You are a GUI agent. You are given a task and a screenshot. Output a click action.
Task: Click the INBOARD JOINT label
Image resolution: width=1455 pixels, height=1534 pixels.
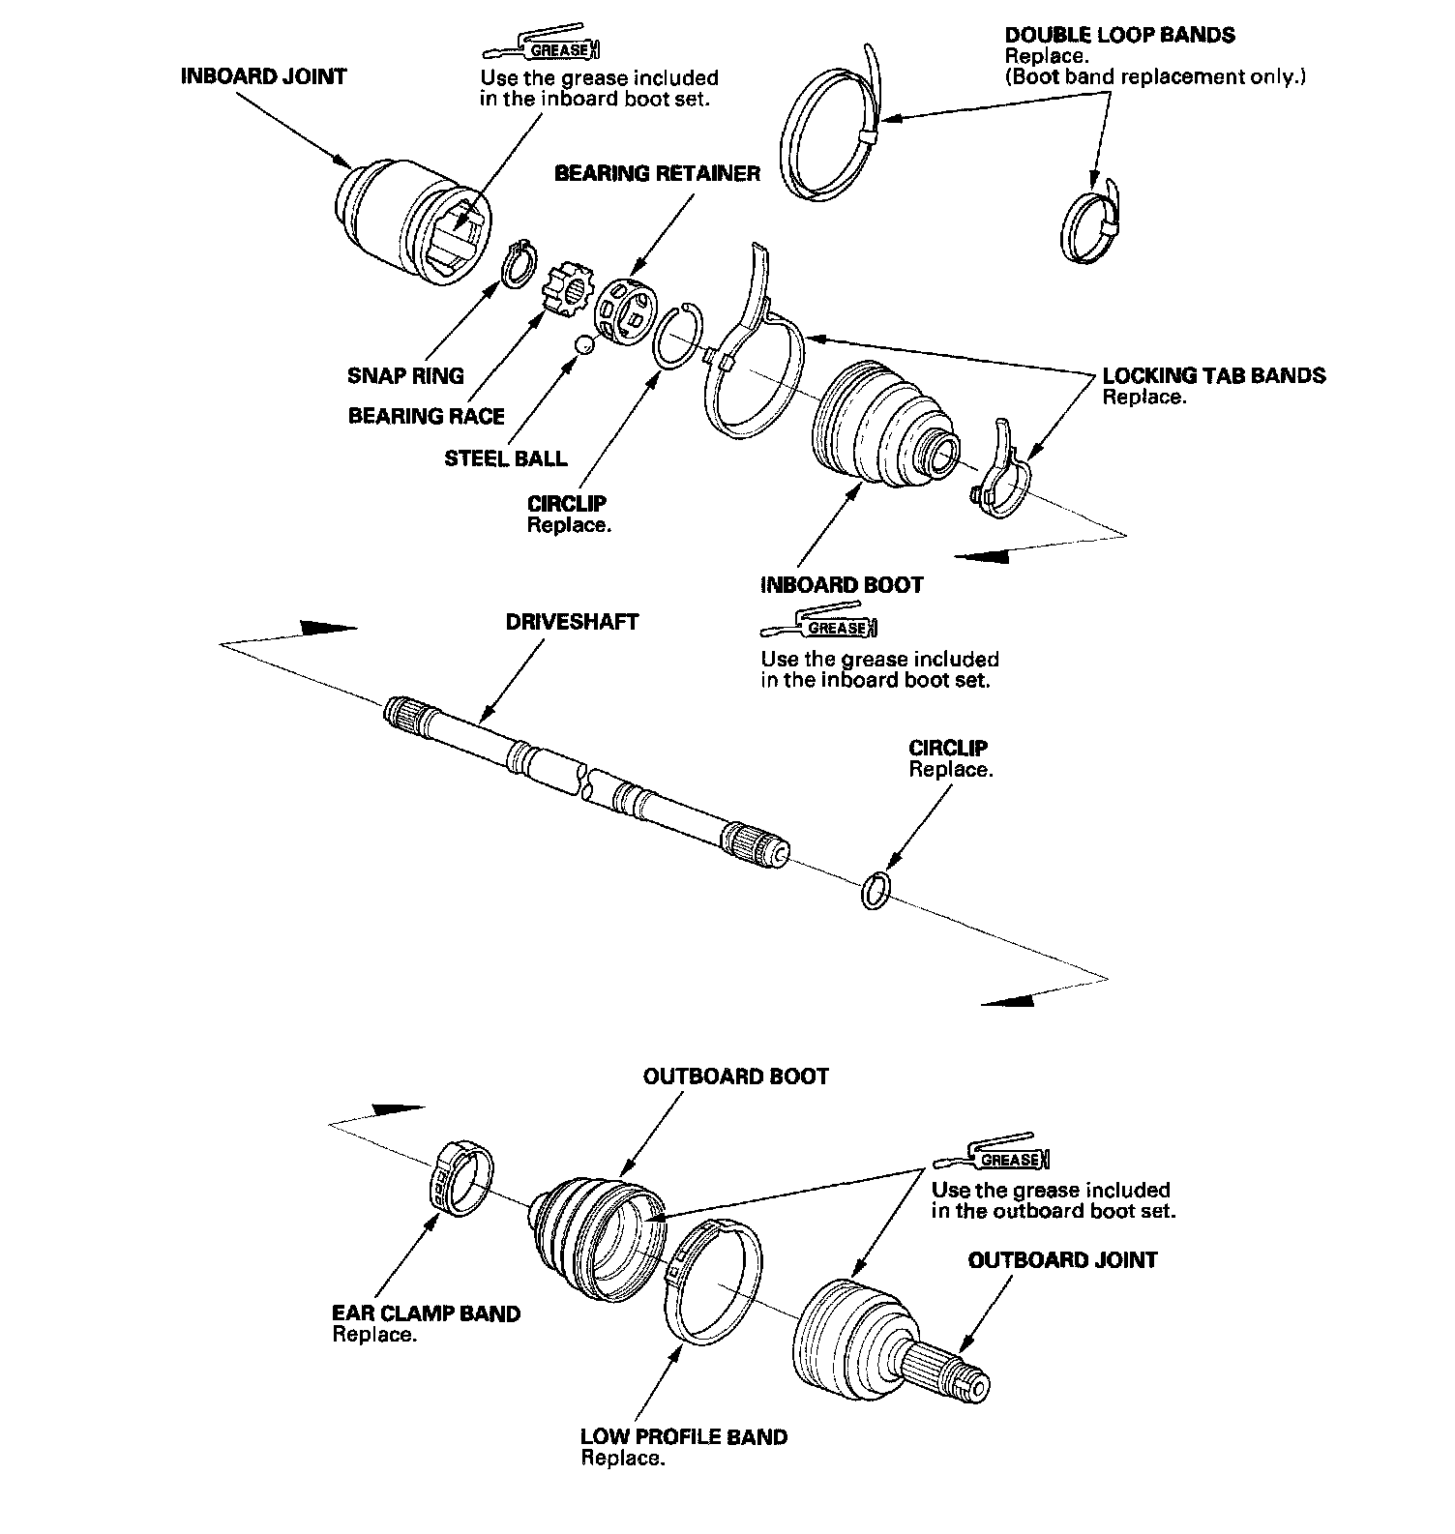[263, 76]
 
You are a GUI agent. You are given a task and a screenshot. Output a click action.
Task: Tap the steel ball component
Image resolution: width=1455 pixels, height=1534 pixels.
[583, 343]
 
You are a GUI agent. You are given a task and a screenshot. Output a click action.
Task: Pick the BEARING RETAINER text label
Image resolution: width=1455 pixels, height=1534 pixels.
[657, 174]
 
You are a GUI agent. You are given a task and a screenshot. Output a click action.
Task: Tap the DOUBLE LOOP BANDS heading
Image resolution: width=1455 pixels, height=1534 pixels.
[1119, 36]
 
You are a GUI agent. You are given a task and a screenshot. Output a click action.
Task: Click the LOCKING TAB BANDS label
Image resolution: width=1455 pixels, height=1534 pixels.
[1213, 375]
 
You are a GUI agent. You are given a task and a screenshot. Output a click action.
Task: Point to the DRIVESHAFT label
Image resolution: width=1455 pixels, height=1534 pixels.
[572, 622]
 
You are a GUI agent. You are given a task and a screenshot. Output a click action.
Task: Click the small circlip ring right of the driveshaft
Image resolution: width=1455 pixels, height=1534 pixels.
[874, 889]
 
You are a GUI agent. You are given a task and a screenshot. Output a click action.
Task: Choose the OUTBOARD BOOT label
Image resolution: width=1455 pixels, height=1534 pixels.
[735, 1077]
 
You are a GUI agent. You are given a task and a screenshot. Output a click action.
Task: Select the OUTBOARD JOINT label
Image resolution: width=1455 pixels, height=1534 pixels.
[1061, 1260]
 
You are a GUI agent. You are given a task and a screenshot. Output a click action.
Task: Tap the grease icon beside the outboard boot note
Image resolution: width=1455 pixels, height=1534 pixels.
[992, 1154]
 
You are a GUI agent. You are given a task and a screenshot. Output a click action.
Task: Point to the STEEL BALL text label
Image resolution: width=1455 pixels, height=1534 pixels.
[506, 458]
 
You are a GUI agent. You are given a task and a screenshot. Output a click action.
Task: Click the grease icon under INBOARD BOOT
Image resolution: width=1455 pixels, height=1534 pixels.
[821, 625]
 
